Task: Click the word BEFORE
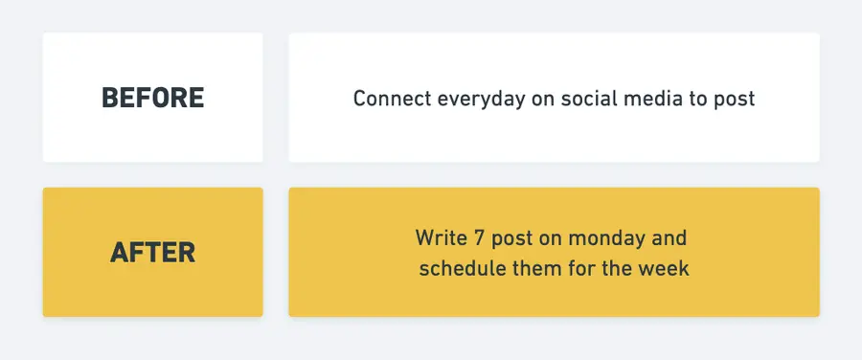(x=152, y=98)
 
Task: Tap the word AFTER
(x=152, y=253)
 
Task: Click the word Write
(x=439, y=236)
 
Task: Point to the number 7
(x=474, y=236)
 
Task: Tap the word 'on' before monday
(x=549, y=237)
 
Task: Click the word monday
(x=604, y=237)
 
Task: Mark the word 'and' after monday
(x=669, y=236)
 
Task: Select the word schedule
(x=461, y=269)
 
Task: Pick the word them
(x=535, y=269)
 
